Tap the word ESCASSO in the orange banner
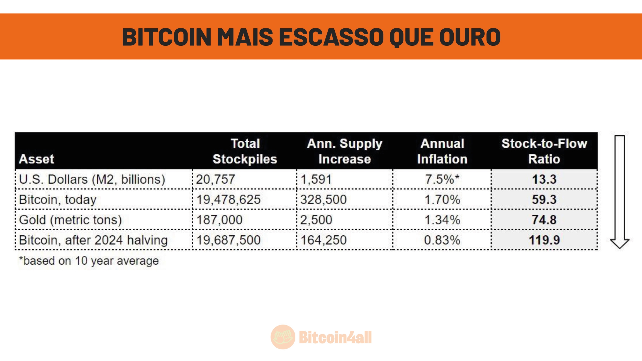click(331, 37)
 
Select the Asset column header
click(36, 159)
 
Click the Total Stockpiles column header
click(245, 151)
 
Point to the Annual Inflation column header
click(442, 151)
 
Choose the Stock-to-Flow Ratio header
click(544, 151)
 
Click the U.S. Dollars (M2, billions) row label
click(92, 179)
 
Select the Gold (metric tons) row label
click(70, 220)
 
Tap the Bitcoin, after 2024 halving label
click(93, 240)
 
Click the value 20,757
click(215, 179)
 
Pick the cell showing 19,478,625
click(228, 199)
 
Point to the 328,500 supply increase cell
click(323, 199)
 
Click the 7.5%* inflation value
click(442, 179)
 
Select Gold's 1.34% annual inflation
click(442, 220)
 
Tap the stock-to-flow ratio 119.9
click(544, 240)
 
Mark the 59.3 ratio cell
click(544, 199)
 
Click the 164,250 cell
click(323, 240)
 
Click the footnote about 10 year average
click(89, 261)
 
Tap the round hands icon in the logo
click(283, 337)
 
